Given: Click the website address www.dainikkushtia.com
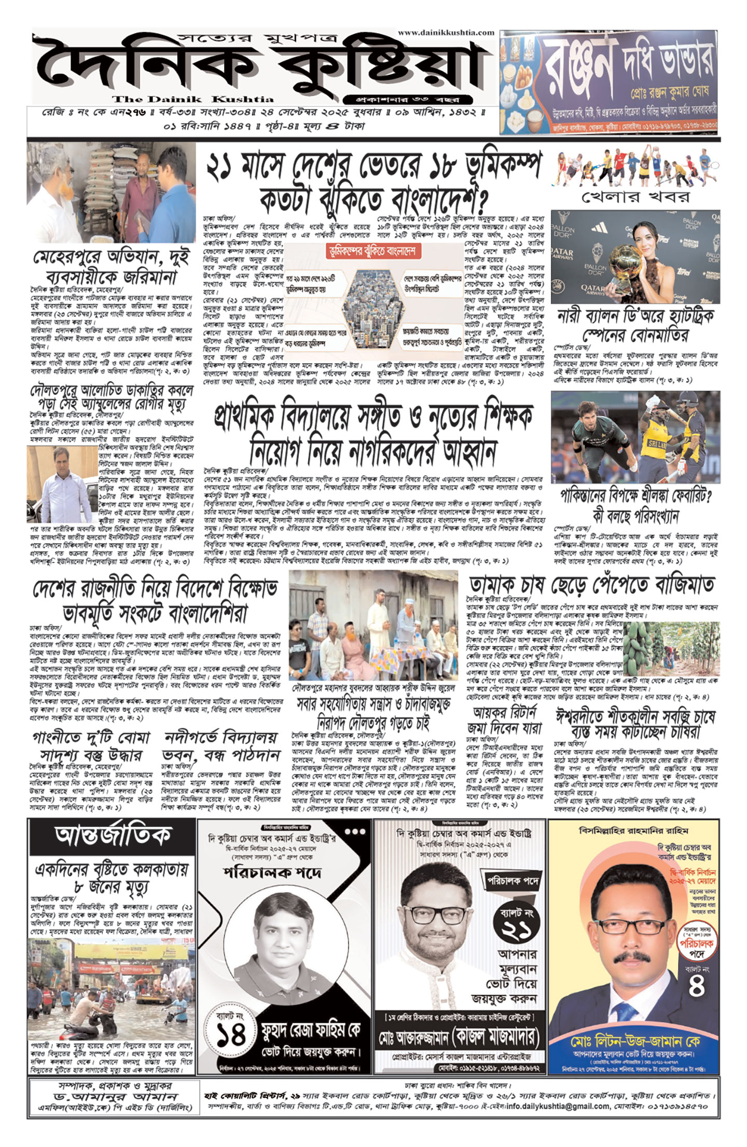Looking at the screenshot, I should (x=446, y=33).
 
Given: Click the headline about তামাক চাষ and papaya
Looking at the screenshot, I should (x=591, y=584).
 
